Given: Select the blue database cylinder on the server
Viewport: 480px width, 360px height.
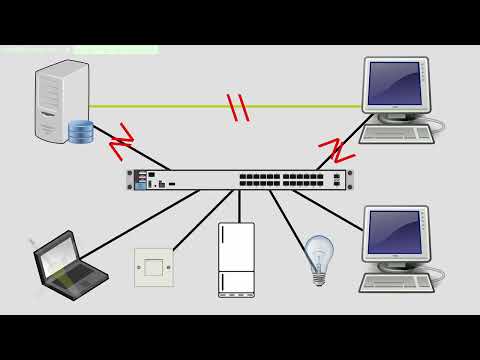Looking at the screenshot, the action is pyautogui.click(x=80, y=131).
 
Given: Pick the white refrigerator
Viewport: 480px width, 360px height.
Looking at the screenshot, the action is pyautogui.click(x=236, y=259).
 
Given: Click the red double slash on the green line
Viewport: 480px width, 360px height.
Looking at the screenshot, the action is pyautogui.click(x=239, y=107).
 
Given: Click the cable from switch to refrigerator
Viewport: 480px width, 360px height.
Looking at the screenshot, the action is pyautogui.click(x=238, y=205).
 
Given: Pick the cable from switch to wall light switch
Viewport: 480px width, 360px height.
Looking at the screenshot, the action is pyautogui.click(x=194, y=215).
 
